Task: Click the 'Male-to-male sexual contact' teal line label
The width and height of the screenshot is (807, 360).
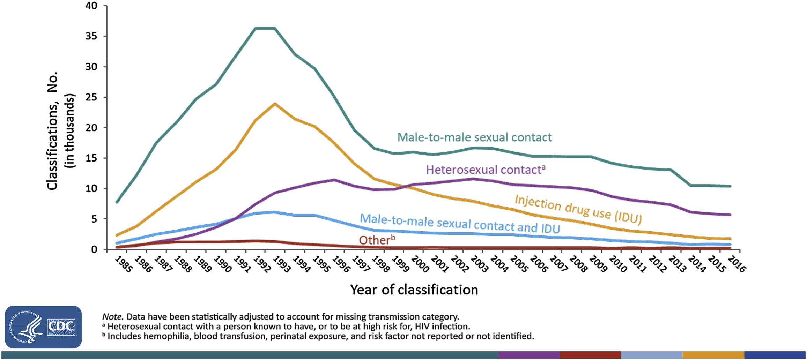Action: [474, 137]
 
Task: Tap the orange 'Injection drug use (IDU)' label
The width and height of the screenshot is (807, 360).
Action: [578, 209]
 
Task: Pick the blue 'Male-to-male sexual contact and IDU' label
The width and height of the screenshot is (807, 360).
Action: [460, 224]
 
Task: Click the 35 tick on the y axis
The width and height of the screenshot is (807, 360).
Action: [91, 36]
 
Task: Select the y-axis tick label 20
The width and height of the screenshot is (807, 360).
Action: [91, 128]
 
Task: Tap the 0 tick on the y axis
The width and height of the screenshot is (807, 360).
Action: [94, 249]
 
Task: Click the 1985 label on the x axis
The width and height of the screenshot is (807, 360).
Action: [123, 265]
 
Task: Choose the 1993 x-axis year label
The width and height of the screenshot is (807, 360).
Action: [281, 265]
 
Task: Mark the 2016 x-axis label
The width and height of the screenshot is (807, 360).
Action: [736, 265]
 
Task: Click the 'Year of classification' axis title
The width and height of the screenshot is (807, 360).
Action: [414, 290]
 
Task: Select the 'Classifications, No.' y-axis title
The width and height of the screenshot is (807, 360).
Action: [52, 131]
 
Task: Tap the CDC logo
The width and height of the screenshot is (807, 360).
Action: [43, 327]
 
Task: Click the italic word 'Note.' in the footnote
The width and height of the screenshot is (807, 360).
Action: [112, 317]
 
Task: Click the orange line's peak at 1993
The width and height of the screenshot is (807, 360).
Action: [275, 104]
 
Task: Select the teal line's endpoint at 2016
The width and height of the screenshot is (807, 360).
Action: [730, 186]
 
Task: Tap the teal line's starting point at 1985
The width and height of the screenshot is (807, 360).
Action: [117, 202]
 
